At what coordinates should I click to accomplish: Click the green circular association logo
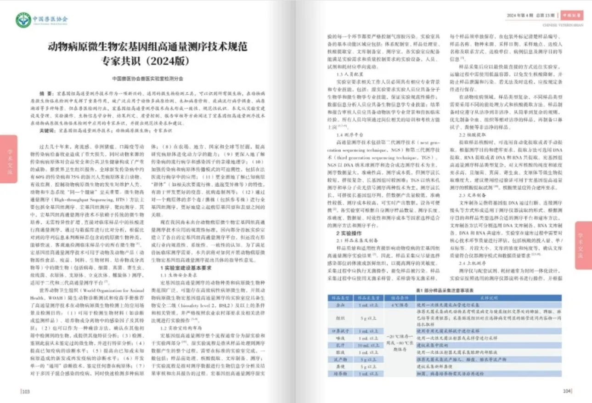[x=23, y=20]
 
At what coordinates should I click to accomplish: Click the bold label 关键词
[x=47, y=131]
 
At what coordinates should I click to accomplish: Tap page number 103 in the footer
[x=26, y=392]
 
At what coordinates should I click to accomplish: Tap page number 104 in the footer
[x=567, y=392]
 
